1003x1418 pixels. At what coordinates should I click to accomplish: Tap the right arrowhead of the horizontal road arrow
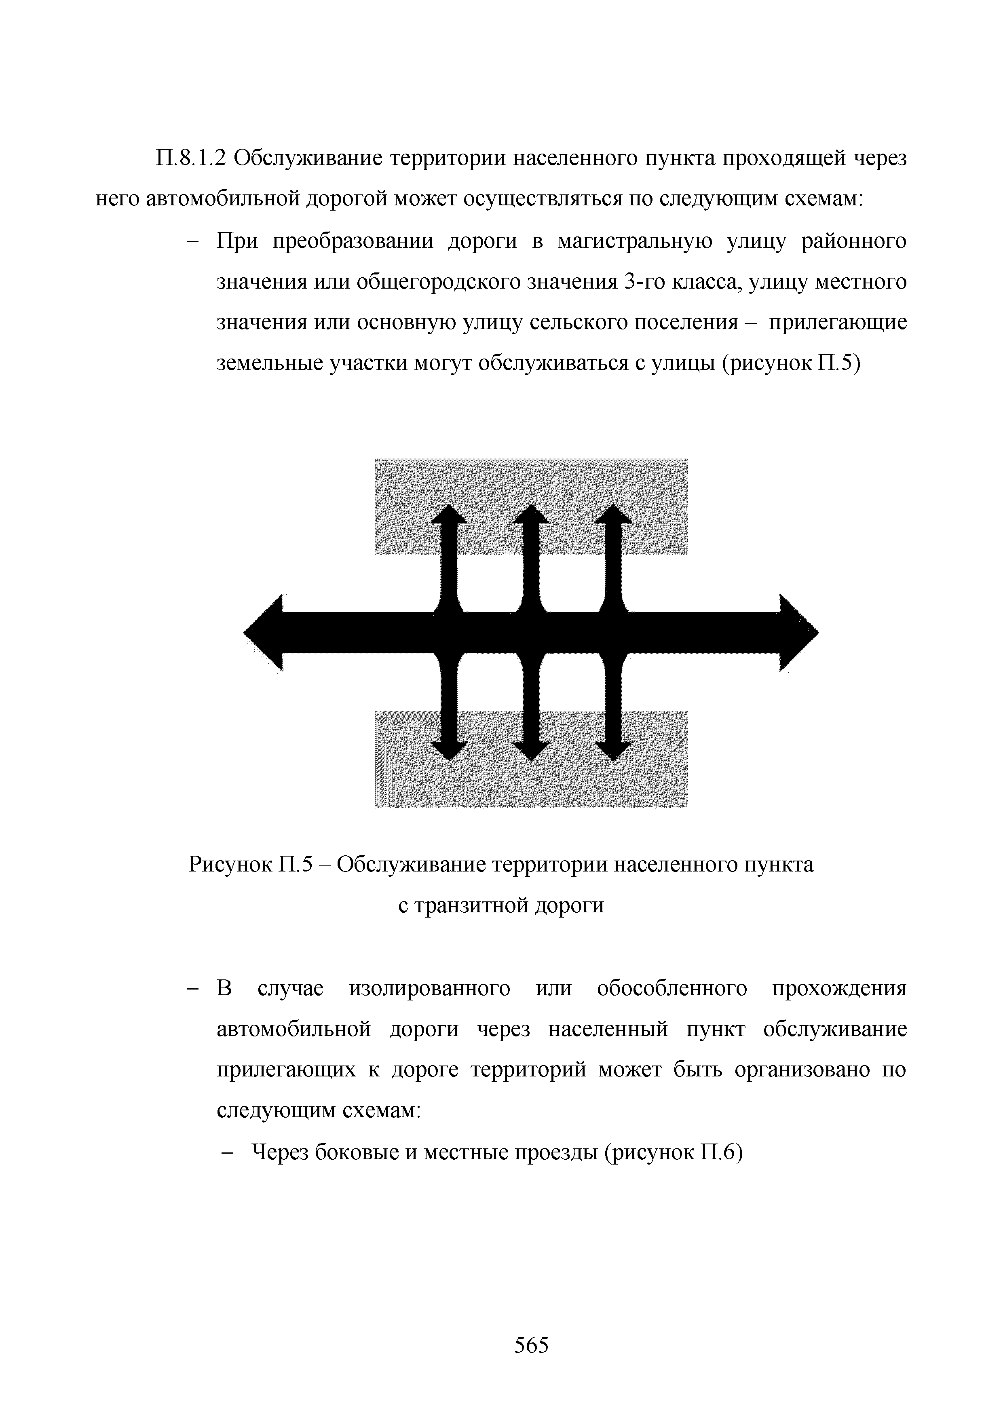click(x=798, y=633)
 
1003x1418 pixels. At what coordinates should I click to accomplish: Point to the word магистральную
click(x=634, y=241)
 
